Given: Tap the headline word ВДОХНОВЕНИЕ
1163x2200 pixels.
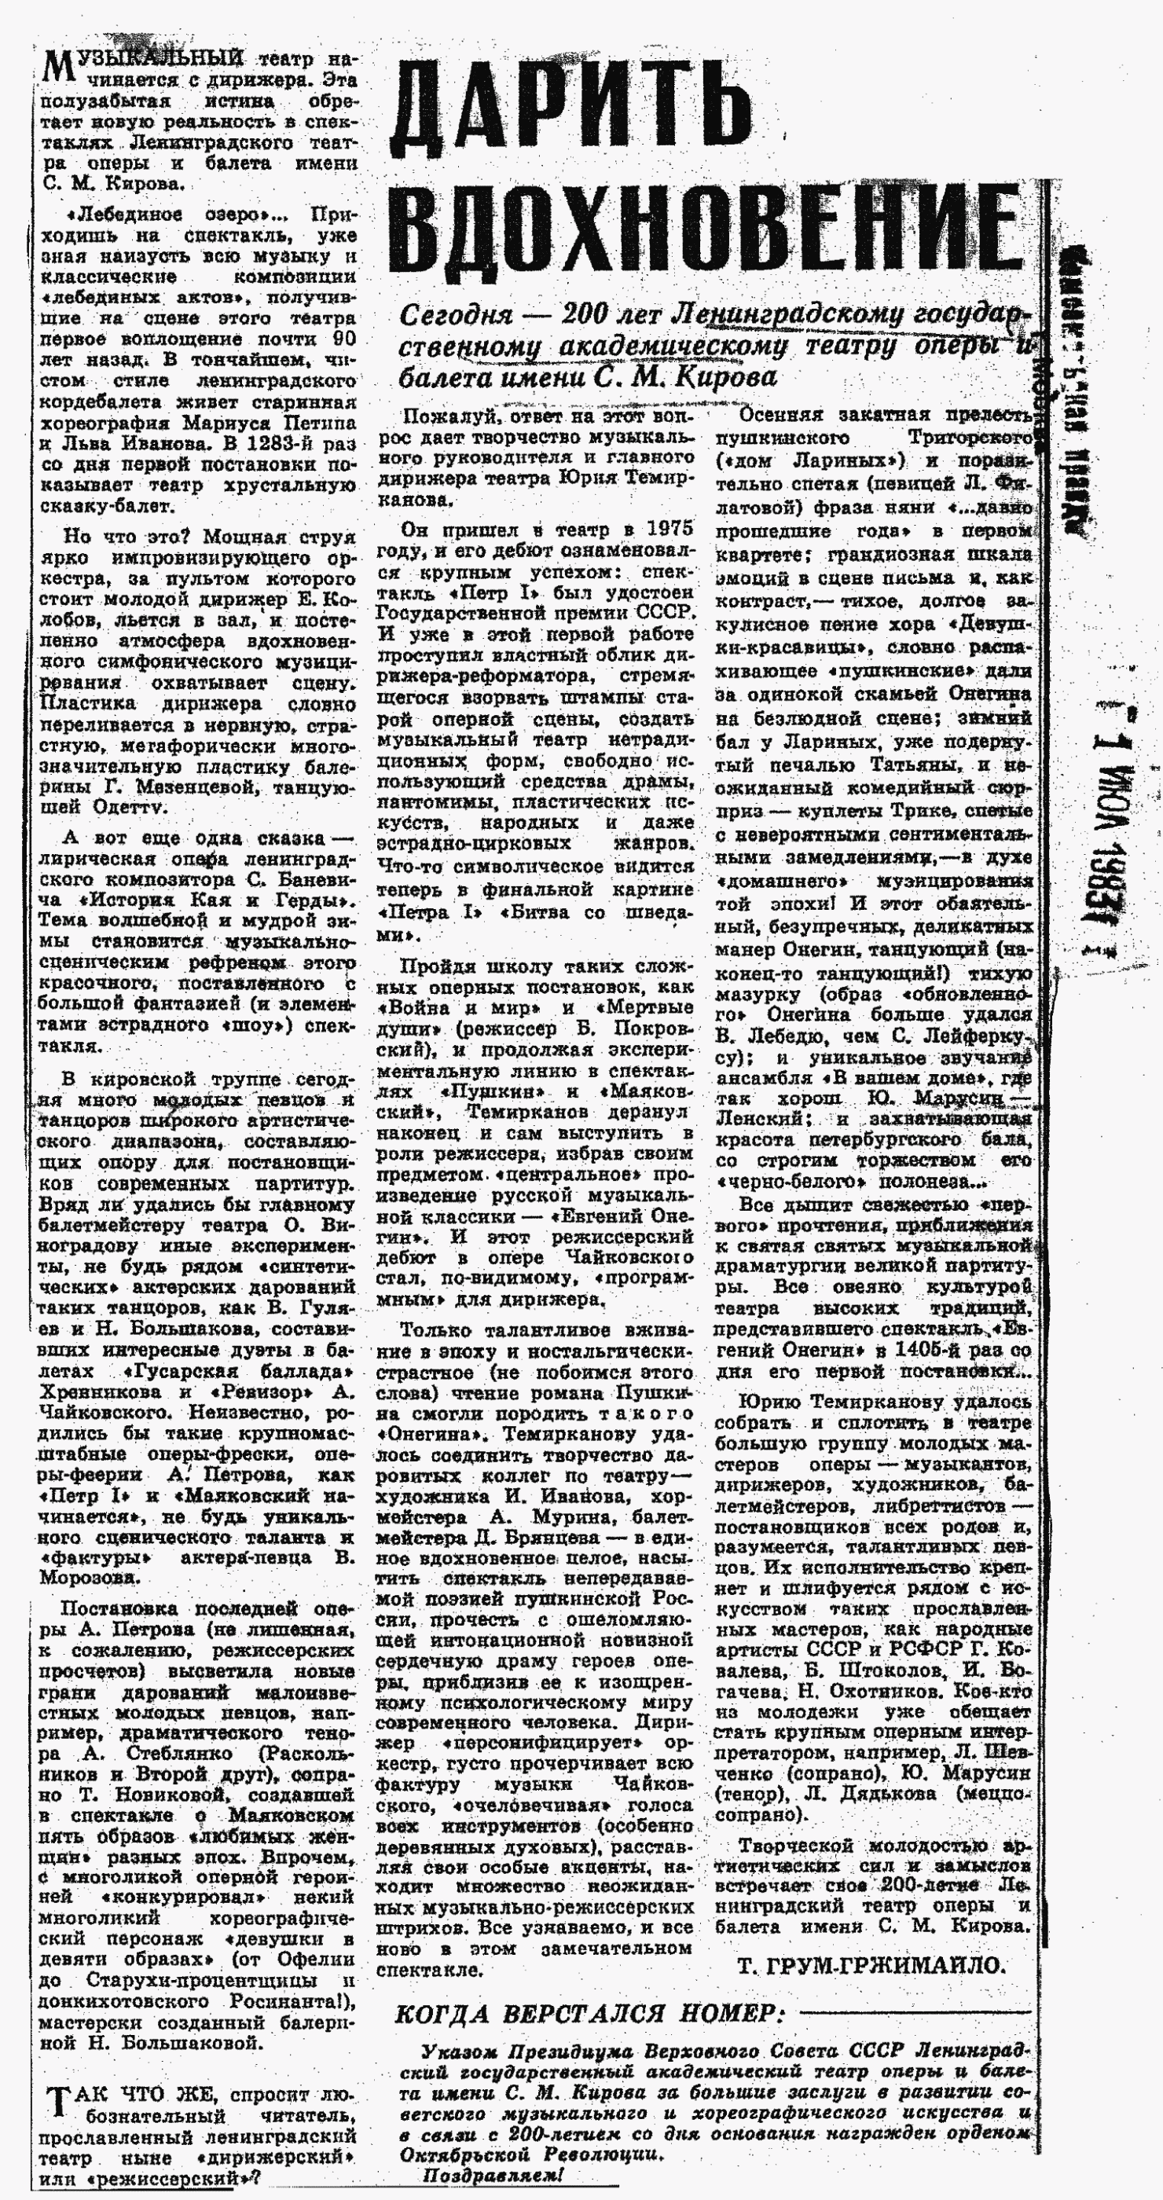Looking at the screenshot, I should pyautogui.click(x=709, y=228).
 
